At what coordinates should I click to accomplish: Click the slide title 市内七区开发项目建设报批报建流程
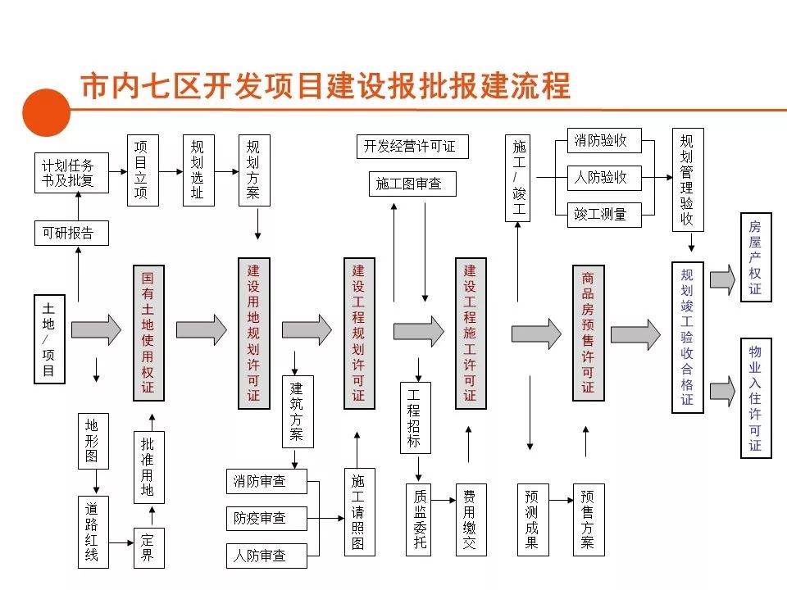325,86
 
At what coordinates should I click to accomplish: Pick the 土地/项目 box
48,338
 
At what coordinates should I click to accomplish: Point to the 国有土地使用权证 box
148,333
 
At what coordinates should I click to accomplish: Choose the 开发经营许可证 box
410,147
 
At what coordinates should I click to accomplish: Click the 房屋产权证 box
755,257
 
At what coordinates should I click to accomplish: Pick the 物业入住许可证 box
755,398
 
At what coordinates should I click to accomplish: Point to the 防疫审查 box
266,518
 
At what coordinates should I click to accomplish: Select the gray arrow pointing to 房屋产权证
722,279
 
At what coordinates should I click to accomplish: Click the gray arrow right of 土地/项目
95,329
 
